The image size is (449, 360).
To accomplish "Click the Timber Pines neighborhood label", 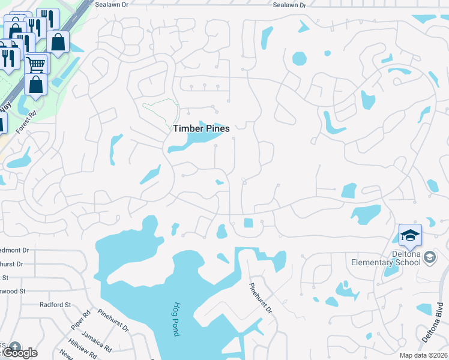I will point(201,128).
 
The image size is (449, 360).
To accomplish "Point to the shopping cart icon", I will point(37,62).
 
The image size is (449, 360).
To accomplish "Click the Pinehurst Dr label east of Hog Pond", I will point(261,298).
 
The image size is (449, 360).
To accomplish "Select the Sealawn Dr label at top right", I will point(289,4).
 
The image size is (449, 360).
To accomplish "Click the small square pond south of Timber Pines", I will point(249,223).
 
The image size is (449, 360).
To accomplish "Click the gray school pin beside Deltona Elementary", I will point(430,257).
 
